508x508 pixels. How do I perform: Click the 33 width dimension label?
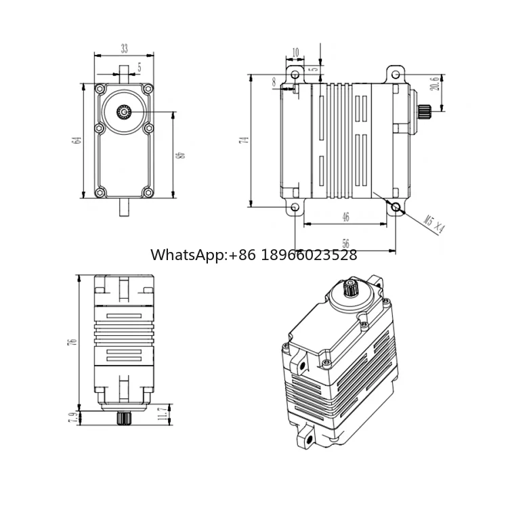(125, 49)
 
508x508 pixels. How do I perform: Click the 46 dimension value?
(345, 217)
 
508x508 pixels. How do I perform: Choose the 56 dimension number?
(345, 243)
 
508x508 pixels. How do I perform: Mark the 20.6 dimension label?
(436, 83)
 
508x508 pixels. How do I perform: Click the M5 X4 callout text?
(434, 224)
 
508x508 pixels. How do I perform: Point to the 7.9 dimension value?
(72, 418)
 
